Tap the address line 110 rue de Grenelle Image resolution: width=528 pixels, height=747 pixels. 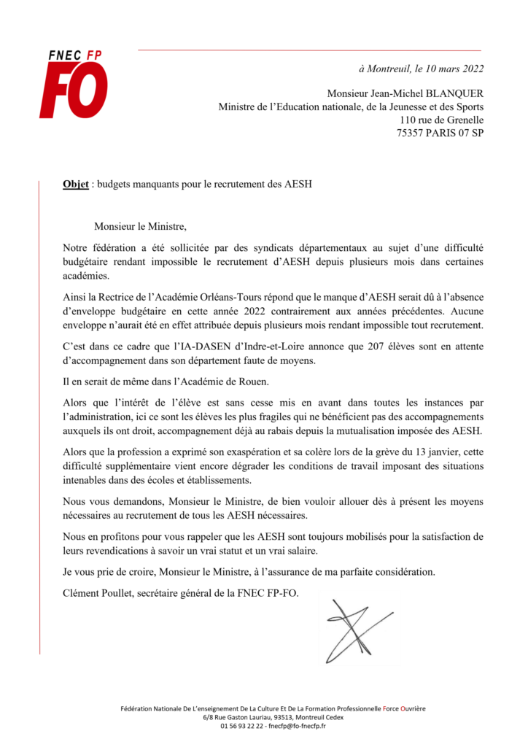442,120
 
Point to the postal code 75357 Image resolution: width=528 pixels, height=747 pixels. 412,133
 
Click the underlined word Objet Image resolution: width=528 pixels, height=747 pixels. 76,184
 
